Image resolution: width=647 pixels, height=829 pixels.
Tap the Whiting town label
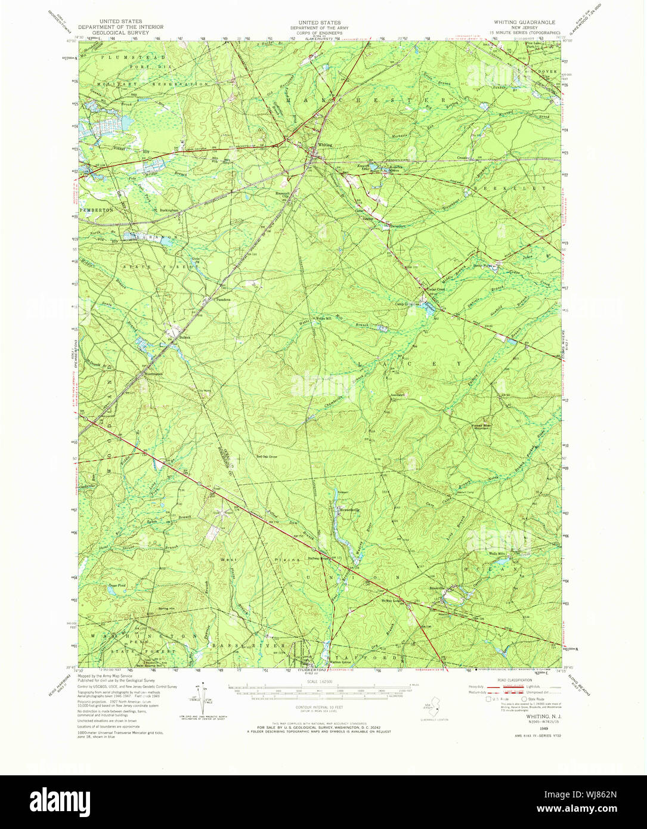click(325, 145)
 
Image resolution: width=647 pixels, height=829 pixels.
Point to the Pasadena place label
click(223, 299)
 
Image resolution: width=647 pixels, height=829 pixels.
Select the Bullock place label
click(184, 338)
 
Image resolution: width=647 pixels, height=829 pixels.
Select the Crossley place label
click(465, 157)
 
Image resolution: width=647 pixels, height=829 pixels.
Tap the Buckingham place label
click(171, 211)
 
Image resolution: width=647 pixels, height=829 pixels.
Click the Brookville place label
click(438, 588)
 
